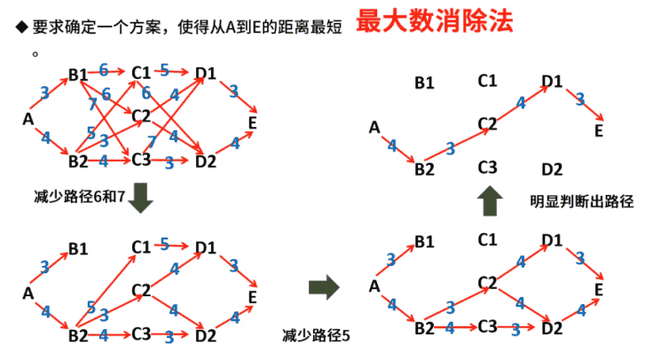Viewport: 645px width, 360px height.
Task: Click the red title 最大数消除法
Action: click(x=435, y=22)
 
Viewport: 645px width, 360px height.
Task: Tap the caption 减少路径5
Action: click(x=316, y=335)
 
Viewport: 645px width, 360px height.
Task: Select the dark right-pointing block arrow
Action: click(x=325, y=286)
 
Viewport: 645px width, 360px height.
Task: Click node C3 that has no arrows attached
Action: click(x=486, y=167)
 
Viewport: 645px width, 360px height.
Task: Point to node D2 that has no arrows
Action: click(x=551, y=168)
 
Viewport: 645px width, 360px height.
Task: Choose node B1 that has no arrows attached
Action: click(x=424, y=83)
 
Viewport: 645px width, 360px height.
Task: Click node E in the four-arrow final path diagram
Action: click(x=599, y=130)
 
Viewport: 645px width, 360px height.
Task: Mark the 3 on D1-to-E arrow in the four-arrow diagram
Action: click(x=579, y=99)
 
